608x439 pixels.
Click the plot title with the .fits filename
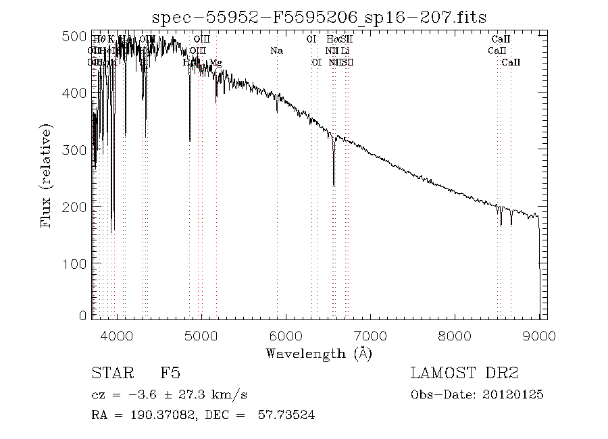(320, 17)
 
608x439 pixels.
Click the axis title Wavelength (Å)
(319, 353)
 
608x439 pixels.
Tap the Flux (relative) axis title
(47, 176)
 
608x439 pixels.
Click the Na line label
(276, 51)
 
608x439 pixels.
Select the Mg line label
(216, 63)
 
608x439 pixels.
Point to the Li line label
(345, 51)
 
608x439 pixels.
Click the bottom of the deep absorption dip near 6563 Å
(334, 185)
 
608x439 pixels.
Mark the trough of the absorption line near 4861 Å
(190, 140)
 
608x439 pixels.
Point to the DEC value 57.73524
(286, 415)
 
